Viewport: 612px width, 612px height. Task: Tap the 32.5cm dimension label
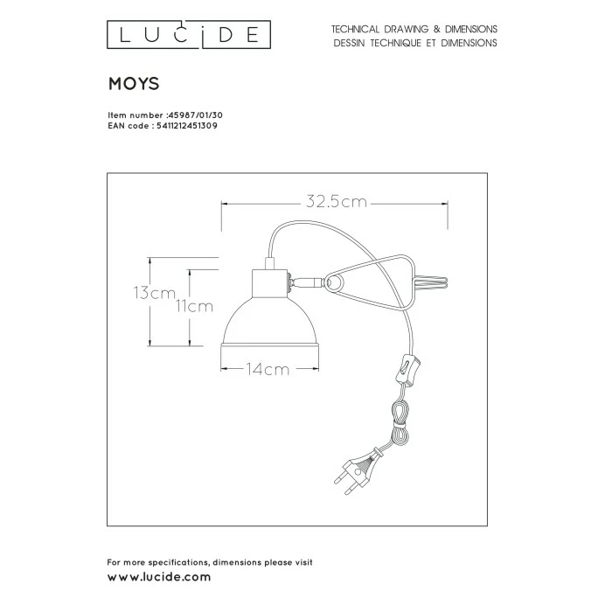pyautogui.click(x=337, y=203)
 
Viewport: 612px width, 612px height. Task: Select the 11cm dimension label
pyautogui.click(x=195, y=306)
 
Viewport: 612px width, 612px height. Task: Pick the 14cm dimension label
pyautogui.click(x=268, y=369)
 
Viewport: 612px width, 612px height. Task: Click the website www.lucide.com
pyautogui.click(x=158, y=578)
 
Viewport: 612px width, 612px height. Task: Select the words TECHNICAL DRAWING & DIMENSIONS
pyautogui.click(x=414, y=29)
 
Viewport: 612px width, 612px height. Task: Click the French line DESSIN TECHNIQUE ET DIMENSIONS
pyautogui.click(x=414, y=42)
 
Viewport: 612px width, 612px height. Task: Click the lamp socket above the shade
pyautogui.click(x=268, y=282)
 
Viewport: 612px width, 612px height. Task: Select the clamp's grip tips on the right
pyautogui.click(x=434, y=281)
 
